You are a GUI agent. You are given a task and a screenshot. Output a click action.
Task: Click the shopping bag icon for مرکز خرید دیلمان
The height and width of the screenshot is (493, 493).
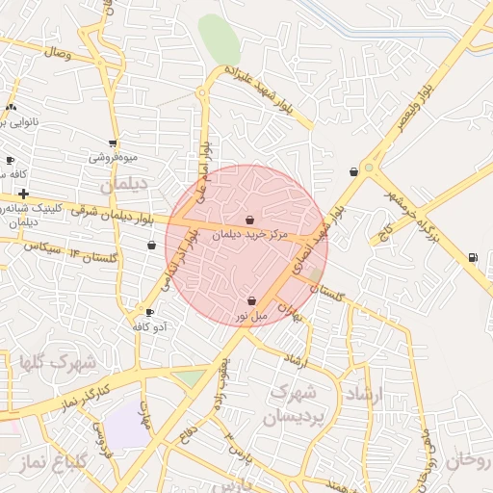250,221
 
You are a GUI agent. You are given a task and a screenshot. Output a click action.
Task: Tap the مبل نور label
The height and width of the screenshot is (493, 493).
252,316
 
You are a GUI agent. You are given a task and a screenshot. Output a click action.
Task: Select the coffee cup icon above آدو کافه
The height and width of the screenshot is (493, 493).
149,312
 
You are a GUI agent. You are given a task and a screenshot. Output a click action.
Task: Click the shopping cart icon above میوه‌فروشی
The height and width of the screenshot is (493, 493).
114,143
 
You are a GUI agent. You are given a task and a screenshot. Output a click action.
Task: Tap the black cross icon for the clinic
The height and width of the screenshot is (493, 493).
23,195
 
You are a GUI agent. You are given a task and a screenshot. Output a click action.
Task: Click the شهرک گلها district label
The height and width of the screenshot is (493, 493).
58,363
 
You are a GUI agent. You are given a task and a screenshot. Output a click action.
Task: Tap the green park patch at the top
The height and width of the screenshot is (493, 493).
220,39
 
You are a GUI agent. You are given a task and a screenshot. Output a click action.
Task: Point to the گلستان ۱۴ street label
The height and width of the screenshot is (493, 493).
92,255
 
